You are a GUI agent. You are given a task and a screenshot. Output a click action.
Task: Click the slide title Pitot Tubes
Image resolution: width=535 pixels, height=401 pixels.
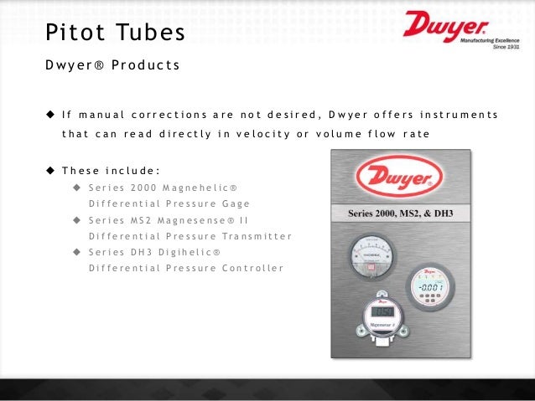click(114, 34)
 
